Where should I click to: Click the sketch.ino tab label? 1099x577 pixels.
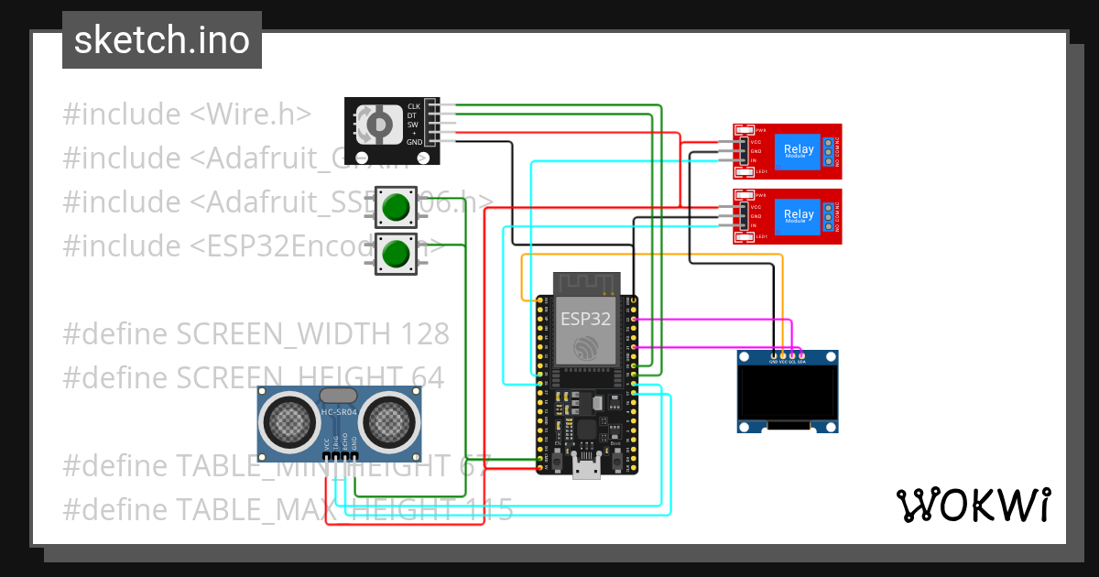162,40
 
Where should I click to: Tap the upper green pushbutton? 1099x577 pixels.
396,207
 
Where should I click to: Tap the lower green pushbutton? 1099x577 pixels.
396,253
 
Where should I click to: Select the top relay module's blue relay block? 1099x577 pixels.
797,150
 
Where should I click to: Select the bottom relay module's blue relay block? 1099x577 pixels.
797,215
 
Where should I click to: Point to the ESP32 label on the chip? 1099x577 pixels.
586,319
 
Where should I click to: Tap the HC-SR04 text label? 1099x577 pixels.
339,412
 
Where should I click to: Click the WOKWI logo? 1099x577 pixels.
973,505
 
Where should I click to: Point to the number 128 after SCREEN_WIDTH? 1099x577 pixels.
420,334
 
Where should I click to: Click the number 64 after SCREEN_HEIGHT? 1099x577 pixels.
426,377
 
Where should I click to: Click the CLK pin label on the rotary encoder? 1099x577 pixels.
414,106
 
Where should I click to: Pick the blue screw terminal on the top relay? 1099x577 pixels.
829,150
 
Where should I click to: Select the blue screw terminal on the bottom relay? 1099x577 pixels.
829,215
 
